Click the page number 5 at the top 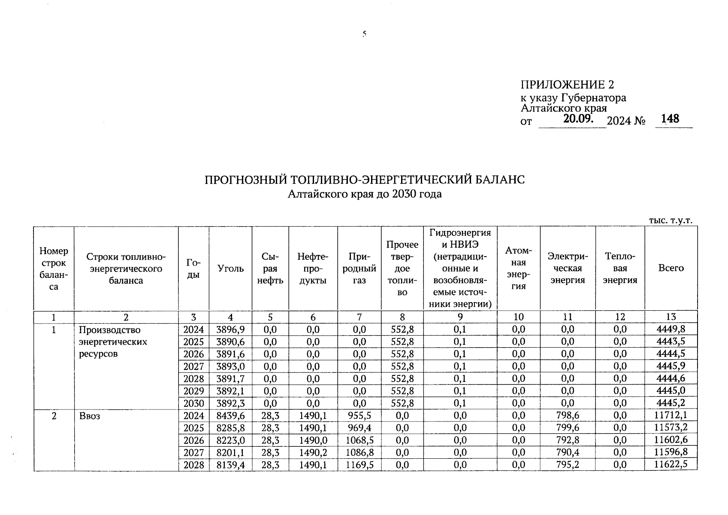coord(364,34)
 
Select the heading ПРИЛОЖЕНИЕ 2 coord(567,85)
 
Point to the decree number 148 coord(670,118)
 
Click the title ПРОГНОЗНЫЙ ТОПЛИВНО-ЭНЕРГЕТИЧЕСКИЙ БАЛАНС coord(364,179)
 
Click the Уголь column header coord(230,269)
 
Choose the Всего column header coord(671,268)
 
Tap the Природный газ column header coord(359,269)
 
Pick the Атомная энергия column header coord(518,268)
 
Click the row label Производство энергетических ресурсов coord(112,342)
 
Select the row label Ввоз coord(89,416)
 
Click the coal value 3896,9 coord(230,330)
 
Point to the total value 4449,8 coord(671,330)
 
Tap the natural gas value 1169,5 coord(359,465)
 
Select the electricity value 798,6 coord(567,415)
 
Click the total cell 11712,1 coord(671,415)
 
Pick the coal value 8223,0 coord(230,440)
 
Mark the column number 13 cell coord(671,317)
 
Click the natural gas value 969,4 coord(359,428)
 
